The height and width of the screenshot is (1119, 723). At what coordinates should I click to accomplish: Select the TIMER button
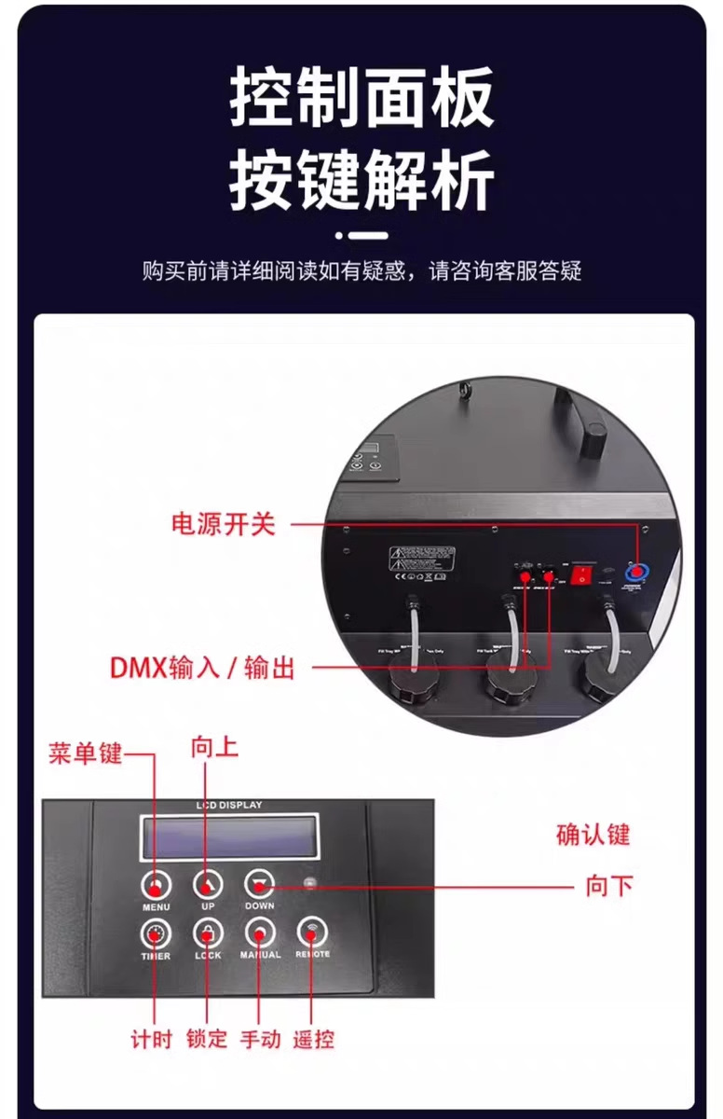coord(156,934)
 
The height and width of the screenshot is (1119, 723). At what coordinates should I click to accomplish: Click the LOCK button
coord(207,934)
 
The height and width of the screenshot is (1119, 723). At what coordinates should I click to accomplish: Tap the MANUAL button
coord(259,934)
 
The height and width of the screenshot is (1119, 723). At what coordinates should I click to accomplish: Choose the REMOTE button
coord(312,934)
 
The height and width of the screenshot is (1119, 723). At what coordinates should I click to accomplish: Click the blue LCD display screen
coord(228,836)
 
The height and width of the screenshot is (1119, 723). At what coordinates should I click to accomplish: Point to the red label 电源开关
coord(224,524)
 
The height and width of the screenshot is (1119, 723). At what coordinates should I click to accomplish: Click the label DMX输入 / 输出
coord(202,668)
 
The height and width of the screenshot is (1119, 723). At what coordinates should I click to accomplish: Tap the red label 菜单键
coord(85,753)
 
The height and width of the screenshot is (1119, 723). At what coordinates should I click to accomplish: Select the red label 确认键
coord(593,834)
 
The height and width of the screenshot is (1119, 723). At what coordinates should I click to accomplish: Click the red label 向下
coord(609,886)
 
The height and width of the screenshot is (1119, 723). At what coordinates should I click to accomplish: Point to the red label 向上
coord(214,747)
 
